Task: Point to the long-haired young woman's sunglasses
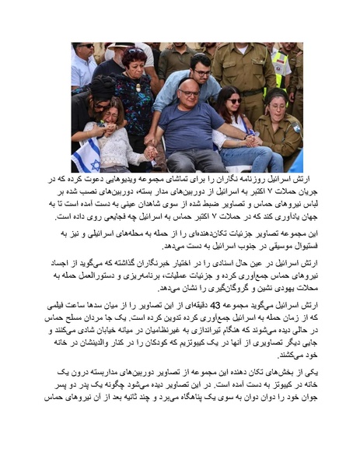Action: [x=233, y=100]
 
